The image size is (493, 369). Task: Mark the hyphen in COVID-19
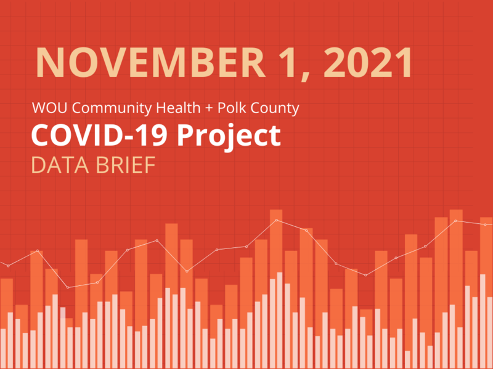point(134,137)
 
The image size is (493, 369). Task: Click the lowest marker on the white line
point(68,287)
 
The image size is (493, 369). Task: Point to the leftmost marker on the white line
point(8,266)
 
